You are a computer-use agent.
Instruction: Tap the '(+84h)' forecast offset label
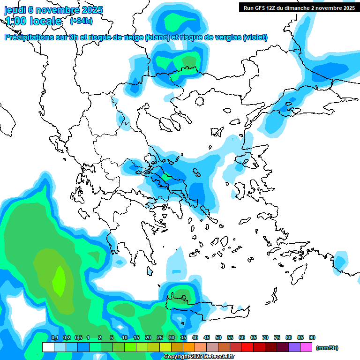pos(81,21)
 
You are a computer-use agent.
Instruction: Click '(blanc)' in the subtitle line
pos(157,37)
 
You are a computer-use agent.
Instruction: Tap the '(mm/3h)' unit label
pos(327,348)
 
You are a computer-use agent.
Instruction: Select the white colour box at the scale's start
pos(48,347)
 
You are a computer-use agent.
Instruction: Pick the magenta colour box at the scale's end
pos(307,347)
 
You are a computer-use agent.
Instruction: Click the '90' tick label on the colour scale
pos(312,337)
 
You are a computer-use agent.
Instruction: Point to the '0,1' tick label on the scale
pos(54,337)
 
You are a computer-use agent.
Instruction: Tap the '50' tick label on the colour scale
pos(218,337)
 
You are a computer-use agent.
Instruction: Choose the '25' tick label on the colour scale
pos(160,337)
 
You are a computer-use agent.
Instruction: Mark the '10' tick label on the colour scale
pos(125,337)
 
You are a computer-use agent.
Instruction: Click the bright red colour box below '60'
pos(247,347)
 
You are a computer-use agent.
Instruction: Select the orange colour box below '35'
pos(189,347)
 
